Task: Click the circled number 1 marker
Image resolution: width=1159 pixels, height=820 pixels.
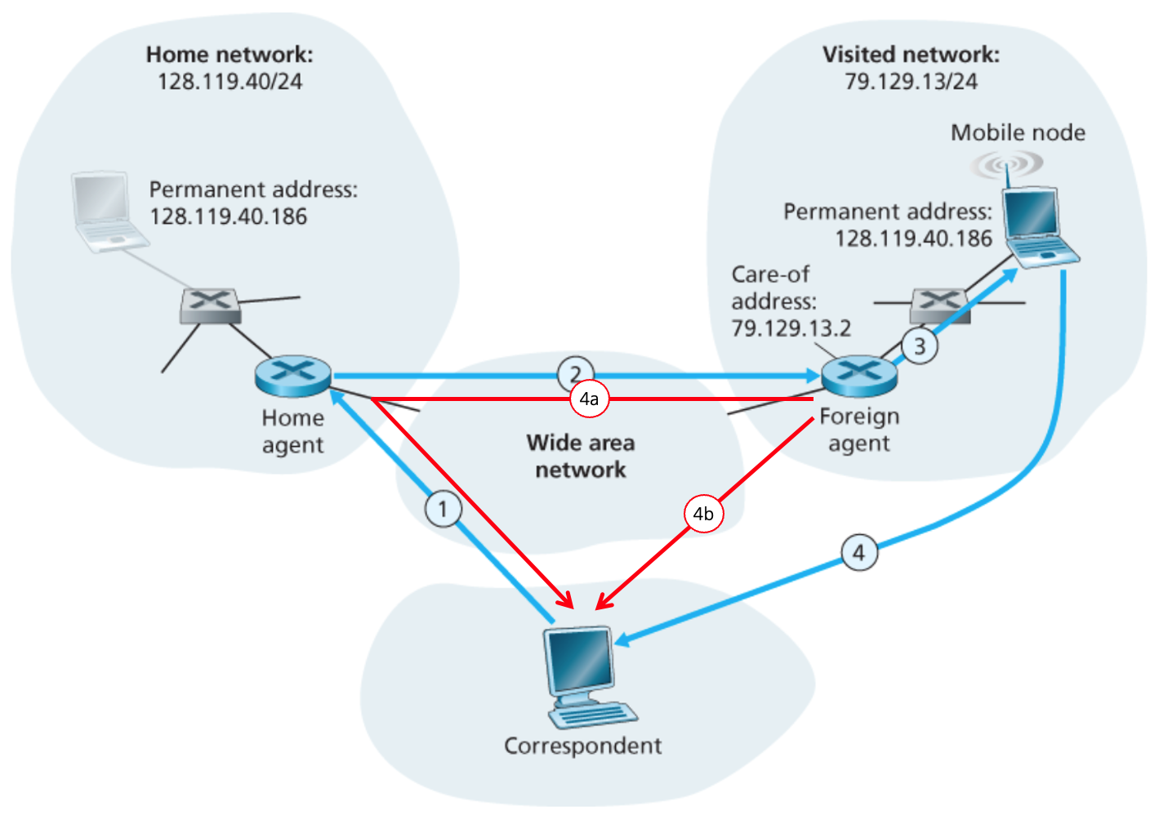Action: (443, 510)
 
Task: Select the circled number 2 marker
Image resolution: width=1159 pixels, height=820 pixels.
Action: (575, 374)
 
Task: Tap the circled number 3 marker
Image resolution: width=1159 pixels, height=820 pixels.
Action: (920, 346)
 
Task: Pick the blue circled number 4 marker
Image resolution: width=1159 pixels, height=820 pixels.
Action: (859, 553)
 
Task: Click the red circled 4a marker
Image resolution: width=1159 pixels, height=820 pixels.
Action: (589, 399)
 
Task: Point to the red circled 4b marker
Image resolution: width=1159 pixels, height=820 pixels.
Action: (703, 514)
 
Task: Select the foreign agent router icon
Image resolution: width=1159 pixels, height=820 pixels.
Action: (859, 376)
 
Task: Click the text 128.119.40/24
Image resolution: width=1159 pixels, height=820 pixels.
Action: (230, 82)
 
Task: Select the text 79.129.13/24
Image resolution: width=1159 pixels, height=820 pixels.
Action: (911, 82)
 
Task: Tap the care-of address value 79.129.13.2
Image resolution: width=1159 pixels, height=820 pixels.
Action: (791, 328)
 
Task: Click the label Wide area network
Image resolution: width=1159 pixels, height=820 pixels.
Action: (581, 456)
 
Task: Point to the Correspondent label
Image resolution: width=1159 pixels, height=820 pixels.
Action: (582, 746)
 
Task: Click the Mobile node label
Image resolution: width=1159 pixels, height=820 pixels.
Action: (1018, 132)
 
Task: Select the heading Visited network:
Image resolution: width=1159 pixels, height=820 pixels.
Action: (911, 55)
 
